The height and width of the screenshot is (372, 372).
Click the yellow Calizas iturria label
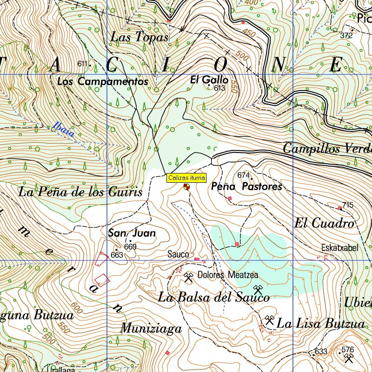pyautogui.click(x=186, y=178)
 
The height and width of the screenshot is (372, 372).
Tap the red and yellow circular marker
pyautogui.click(x=186, y=187)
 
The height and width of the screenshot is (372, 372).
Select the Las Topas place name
pyautogui.click(x=139, y=38)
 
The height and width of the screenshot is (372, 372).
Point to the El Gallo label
pyautogui.click(x=209, y=80)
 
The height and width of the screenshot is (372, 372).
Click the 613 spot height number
pyautogui.click(x=220, y=88)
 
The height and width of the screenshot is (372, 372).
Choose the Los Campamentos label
pyautogui.click(x=103, y=81)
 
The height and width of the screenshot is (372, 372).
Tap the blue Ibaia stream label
pyautogui.click(x=64, y=129)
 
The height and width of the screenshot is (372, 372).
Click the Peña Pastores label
pyautogui.click(x=246, y=186)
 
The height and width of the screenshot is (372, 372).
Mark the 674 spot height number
pyautogui.click(x=243, y=175)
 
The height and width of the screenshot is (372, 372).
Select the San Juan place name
pyautogui.click(x=132, y=233)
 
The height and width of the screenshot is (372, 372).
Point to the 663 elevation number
pyautogui.click(x=117, y=255)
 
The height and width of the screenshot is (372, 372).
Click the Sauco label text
pyautogui.click(x=179, y=254)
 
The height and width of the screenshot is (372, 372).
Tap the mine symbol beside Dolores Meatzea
pyautogui.click(x=188, y=278)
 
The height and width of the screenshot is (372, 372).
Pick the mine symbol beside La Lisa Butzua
pyautogui.click(x=269, y=320)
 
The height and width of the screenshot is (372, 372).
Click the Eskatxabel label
pyautogui.click(x=339, y=248)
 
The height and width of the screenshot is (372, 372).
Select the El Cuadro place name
pyautogui.click(x=324, y=223)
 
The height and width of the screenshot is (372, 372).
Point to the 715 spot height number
pyautogui.click(x=348, y=205)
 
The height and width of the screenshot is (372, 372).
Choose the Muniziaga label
pyautogui.click(x=151, y=329)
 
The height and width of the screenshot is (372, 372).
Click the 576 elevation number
pyautogui.click(x=347, y=349)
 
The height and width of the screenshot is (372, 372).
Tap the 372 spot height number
pyautogui.click(x=346, y=35)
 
